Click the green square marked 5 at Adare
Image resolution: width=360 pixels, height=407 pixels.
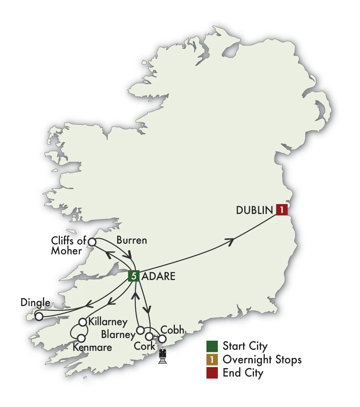(x=133, y=276)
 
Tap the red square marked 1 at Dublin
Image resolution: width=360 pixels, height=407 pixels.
(x=282, y=210)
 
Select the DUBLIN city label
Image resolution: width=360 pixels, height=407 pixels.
(x=255, y=210)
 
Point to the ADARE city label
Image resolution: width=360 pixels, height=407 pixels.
(x=158, y=276)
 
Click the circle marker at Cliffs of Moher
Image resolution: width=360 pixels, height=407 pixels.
(x=92, y=242)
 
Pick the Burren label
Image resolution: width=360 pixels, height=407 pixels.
(x=132, y=240)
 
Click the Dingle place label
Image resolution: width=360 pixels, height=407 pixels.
(x=35, y=303)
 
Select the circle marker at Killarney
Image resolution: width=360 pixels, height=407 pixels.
(x=83, y=322)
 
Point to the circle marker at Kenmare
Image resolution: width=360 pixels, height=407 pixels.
(x=82, y=338)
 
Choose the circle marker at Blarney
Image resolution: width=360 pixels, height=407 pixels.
(x=140, y=330)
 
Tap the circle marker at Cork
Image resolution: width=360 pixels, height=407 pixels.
(x=149, y=336)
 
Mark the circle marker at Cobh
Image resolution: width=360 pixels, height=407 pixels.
(x=162, y=339)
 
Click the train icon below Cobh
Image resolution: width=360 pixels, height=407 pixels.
(x=163, y=356)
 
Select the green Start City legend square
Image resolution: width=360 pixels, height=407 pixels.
(x=212, y=346)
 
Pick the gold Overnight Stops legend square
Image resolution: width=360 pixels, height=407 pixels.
(x=212, y=360)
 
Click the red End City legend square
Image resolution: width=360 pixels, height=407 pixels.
(x=212, y=373)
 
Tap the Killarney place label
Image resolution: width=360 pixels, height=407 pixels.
(x=108, y=322)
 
